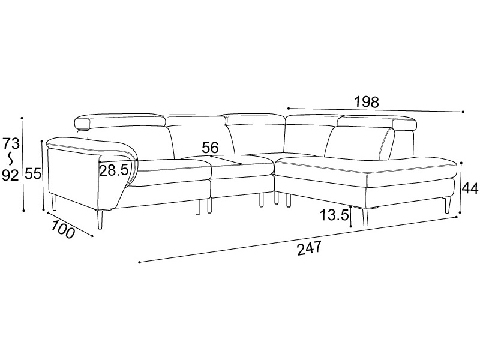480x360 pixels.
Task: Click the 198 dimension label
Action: (x=366, y=102)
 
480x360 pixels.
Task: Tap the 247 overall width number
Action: (x=309, y=248)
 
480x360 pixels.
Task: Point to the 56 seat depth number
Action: (x=210, y=148)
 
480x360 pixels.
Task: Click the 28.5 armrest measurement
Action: (x=113, y=170)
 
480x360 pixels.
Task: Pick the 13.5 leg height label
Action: (x=335, y=215)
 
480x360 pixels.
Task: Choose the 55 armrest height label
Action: (x=33, y=174)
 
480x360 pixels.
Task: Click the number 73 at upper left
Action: (x=11, y=143)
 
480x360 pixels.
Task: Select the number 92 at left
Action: (x=11, y=175)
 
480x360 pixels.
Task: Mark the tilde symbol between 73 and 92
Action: (x=11, y=160)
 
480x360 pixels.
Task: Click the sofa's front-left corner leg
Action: (x=99, y=219)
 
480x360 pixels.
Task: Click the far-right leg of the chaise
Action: (x=448, y=205)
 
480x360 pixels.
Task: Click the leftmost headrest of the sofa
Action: (x=120, y=121)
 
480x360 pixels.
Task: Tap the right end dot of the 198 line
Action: (x=463, y=112)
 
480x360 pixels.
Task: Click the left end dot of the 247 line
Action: (x=139, y=262)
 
